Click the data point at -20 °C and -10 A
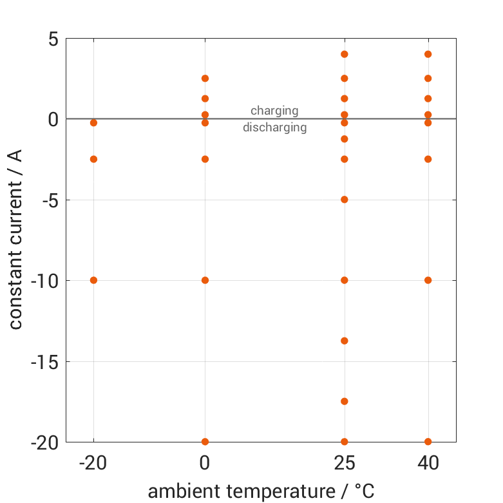[93, 280]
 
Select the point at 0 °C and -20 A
[205, 442]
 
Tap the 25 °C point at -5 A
[345, 200]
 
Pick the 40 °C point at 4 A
[428, 54]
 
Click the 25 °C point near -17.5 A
[345, 401]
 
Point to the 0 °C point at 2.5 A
[205, 79]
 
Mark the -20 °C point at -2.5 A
[93, 159]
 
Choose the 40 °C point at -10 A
[428, 280]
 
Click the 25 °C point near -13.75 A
[345, 341]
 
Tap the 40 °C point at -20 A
[428, 442]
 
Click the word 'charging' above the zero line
[274, 111]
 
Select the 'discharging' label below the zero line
[274, 128]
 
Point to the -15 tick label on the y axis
[44, 362]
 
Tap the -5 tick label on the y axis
[49, 200]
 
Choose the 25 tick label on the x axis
[345, 463]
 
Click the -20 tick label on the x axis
[93, 463]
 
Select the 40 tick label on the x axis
[428, 463]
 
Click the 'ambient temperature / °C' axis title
[261, 491]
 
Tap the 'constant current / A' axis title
[15, 240]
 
